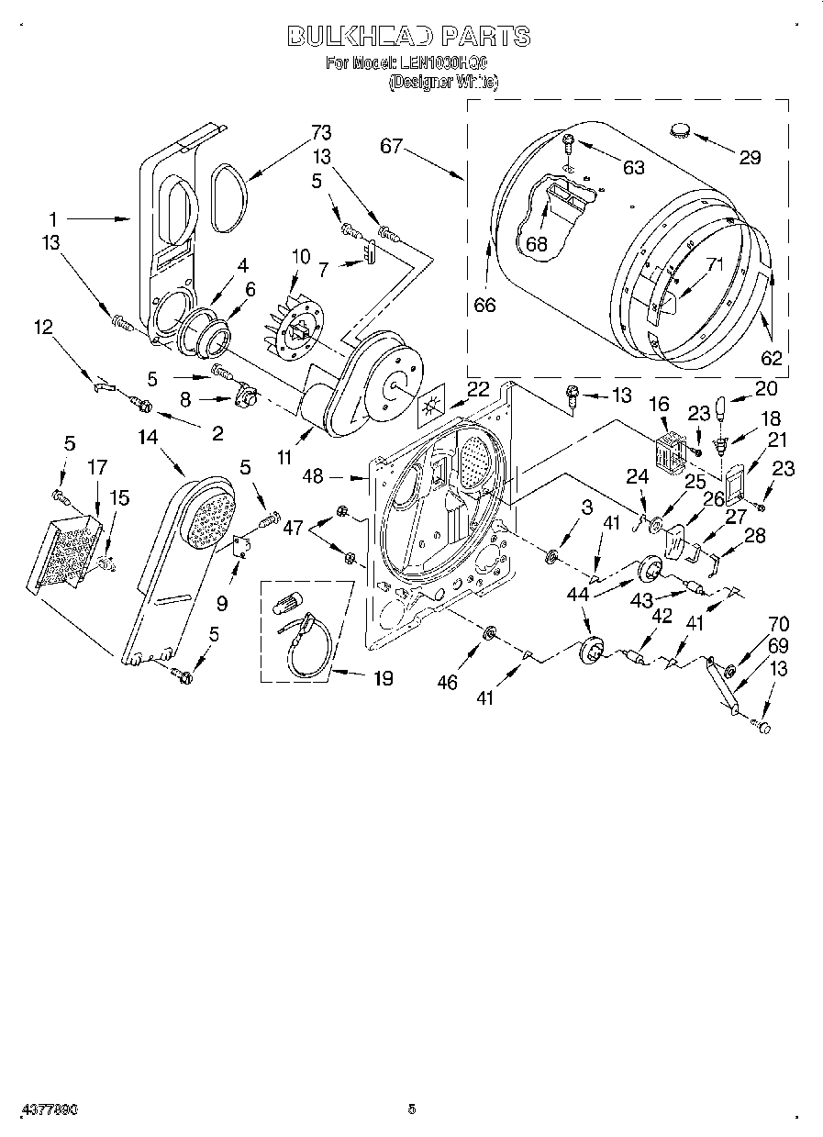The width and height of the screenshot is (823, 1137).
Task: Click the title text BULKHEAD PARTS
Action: tap(408, 37)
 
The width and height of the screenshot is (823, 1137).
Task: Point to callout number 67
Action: tap(392, 146)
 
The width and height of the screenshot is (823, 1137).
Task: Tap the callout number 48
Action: tap(313, 476)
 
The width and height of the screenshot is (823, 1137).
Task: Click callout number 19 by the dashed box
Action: tap(383, 678)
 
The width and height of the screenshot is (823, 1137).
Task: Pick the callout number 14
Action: tap(147, 438)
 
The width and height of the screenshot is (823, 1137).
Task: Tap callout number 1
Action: tap(53, 219)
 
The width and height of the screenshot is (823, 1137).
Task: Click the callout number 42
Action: tap(661, 617)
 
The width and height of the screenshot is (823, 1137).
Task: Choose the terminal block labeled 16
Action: tap(672, 450)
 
